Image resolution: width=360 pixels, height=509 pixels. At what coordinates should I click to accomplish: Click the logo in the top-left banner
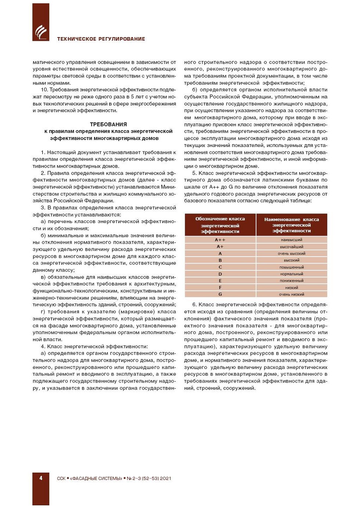tap(41, 32)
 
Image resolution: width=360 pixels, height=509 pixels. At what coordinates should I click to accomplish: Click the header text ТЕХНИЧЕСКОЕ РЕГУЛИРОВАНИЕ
tap(101, 39)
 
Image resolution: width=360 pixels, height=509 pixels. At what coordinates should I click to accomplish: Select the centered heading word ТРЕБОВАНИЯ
tap(108, 124)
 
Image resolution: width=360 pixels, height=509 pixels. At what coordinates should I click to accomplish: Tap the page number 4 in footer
tap(41, 478)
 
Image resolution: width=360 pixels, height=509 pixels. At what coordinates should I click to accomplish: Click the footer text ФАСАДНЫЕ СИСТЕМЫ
tap(96, 478)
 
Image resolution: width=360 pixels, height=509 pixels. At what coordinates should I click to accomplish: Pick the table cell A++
tap(220, 240)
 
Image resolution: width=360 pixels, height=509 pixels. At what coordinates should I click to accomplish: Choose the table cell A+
tap(220, 247)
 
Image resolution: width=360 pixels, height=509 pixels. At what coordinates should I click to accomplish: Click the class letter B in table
tap(220, 260)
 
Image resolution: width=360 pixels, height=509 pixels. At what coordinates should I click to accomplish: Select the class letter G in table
tap(220, 294)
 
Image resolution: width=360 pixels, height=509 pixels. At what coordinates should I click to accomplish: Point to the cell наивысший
tap(291, 240)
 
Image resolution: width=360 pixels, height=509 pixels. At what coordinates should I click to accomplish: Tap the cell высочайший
tap(291, 247)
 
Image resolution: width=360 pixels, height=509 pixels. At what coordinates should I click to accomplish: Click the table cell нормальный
tap(291, 274)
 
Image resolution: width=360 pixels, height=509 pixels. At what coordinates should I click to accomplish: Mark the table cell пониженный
tap(291, 281)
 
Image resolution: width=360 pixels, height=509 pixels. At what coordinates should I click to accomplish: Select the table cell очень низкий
tap(291, 294)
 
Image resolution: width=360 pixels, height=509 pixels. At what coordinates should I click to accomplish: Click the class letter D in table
tap(220, 274)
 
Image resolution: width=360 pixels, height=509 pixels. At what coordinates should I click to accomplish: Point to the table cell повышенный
tap(291, 267)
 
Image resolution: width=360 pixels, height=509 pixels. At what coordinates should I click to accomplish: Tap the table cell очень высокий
tap(291, 254)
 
